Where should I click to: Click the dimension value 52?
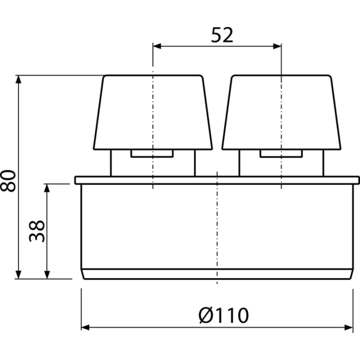[222, 35]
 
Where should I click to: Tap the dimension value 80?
[8, 180]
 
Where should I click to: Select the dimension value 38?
[36, 231]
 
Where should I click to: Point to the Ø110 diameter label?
[223, 315]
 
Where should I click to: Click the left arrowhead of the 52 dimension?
[157, 46]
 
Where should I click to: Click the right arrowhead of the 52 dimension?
[277, 46]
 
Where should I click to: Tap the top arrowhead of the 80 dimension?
[18, 79]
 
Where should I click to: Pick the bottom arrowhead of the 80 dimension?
[18, 274]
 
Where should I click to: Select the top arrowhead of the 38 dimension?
[47, 188]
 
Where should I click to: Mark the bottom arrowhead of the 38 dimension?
[47, 274]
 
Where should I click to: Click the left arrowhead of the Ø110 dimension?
[85, 327]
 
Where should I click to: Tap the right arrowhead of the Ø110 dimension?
[348, 327]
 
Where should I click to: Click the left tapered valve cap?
[153, 112]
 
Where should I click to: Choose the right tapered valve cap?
[281, 112]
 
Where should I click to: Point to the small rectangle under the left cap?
[152, 153]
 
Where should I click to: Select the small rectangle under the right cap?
[281, 153]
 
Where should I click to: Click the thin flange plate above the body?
[217, 180]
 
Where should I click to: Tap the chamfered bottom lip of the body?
[217, 274]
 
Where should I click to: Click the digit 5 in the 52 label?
[216, 35]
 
